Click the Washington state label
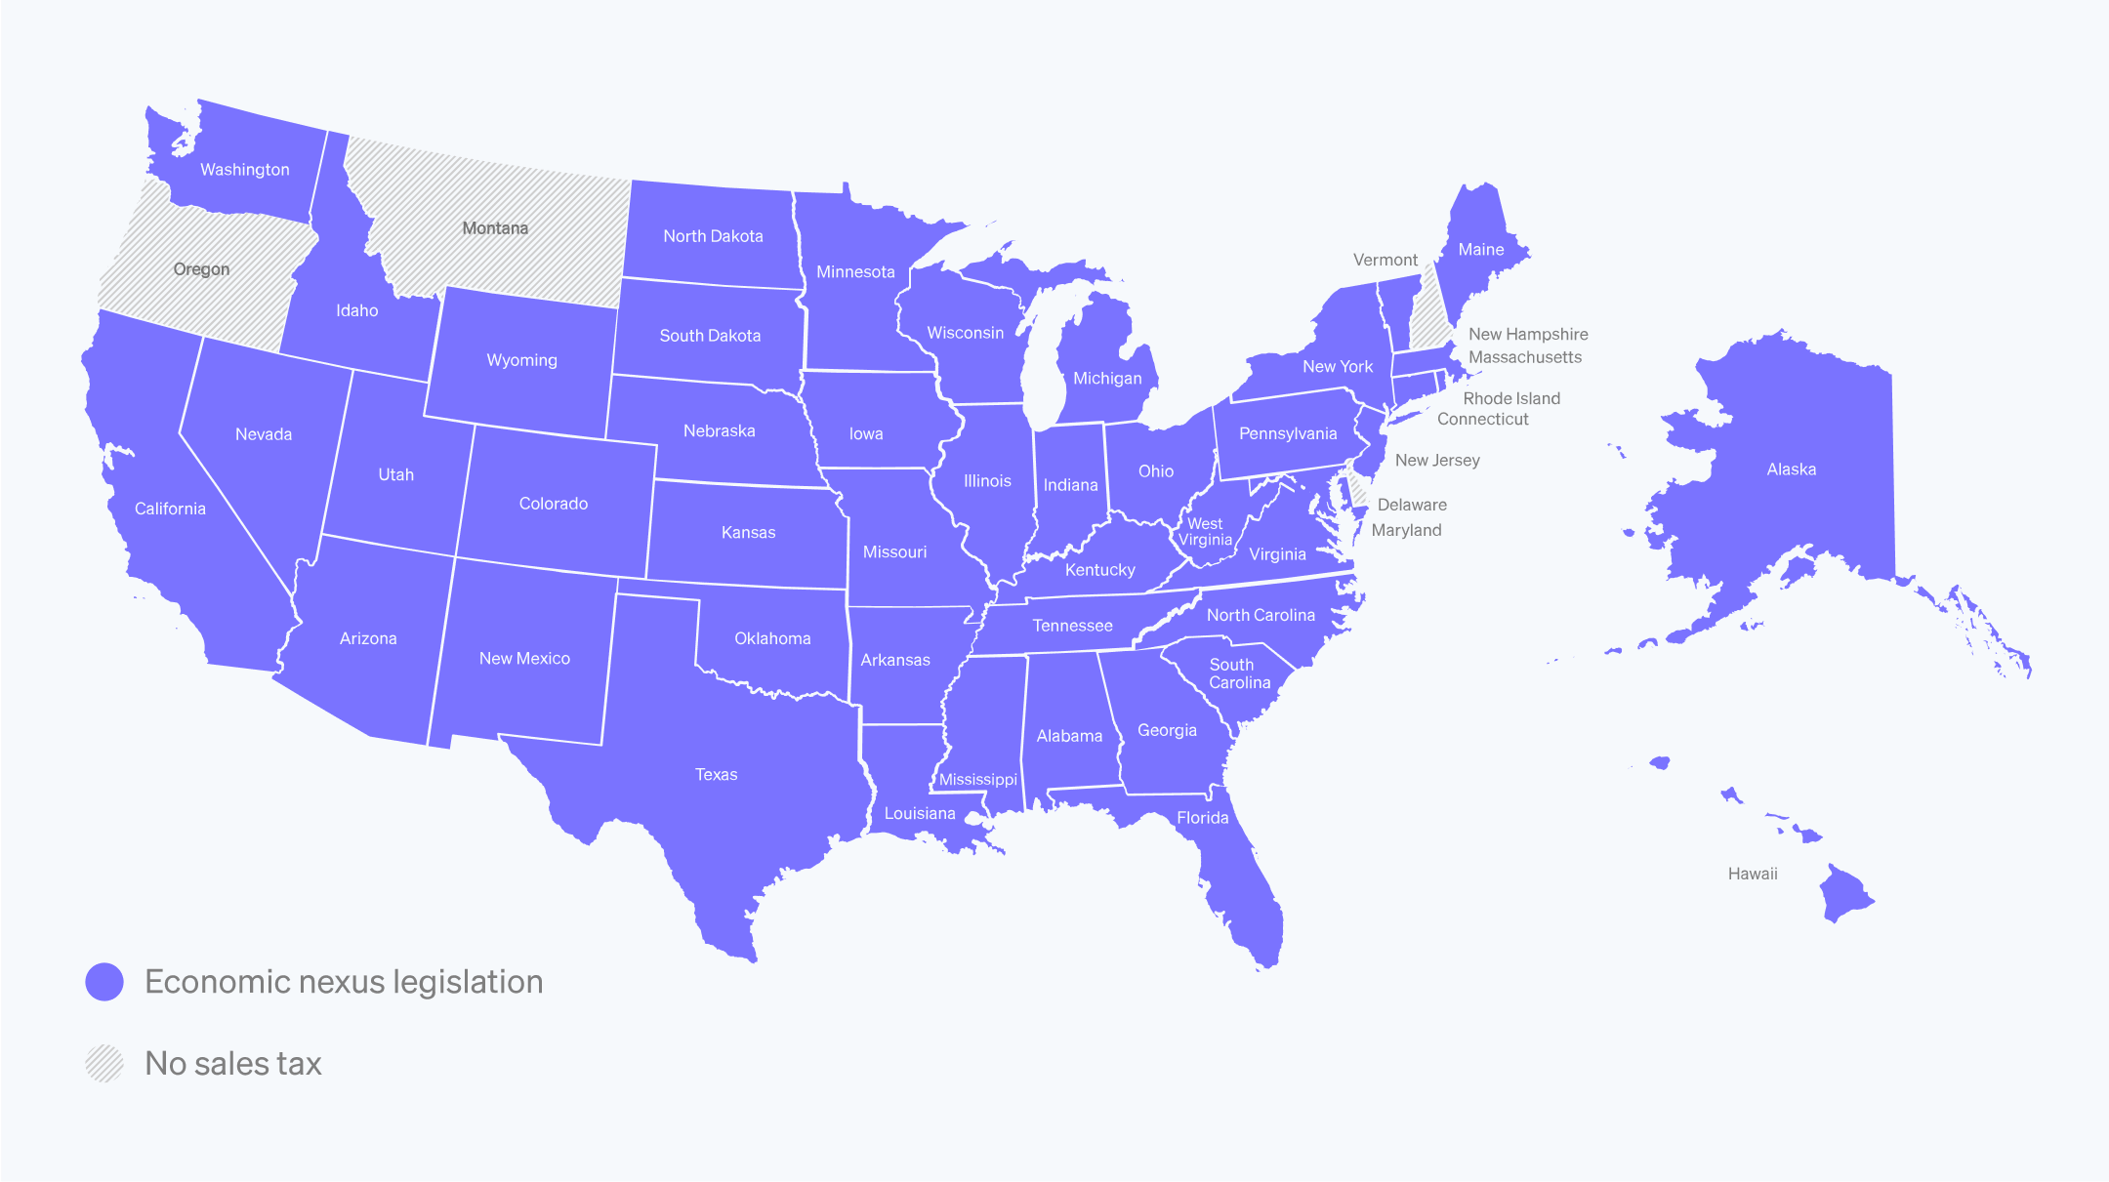[x=245, y=170]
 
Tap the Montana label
[x=495, y=228]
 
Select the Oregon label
[x=201, y=269]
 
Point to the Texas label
[x=716, y=774]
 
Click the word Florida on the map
[x=1202, y=818]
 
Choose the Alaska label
[x=1791, y=469]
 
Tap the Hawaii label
[x=1753, y=874]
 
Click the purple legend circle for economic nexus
[x=104, y=982]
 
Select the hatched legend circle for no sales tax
[x=104, y=1064]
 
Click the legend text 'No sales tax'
[x=233, y=1064]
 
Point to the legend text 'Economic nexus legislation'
[x=344, y=982]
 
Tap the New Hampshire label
[x=1528, y=334]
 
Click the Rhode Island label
[x=1511, y=398]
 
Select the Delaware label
[x=1412, y=505]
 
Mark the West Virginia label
[x=1205, y=532]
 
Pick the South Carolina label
[x=1239, y=673]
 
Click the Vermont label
[x=1385, y=260]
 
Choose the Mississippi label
[x=977, y=779]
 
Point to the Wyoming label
[x=521, y=360]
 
